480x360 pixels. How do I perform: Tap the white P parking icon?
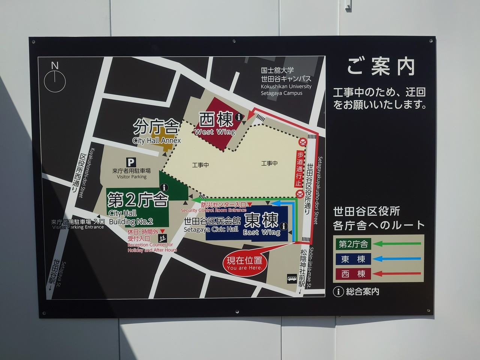(131, 162)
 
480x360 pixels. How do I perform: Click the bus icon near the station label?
(292, 279)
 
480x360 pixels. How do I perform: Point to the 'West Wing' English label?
(215, 132)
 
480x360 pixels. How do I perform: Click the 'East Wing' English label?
(261, 232)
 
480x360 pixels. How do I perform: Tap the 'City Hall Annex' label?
(156, 141)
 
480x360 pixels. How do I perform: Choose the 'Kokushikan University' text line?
(286, 87)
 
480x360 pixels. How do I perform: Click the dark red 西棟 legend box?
(353, 274)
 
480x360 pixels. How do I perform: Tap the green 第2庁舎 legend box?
(353, 244)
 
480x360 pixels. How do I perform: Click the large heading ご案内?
(380, 67)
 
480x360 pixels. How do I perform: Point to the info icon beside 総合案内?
(338, 291)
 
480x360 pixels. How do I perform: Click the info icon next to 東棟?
(284, 226)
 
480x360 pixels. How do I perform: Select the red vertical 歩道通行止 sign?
(299, 168)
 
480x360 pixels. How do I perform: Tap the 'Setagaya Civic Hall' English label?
(211, 229)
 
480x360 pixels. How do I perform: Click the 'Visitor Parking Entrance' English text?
(78, 227)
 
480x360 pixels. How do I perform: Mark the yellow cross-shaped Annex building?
(165, 140)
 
